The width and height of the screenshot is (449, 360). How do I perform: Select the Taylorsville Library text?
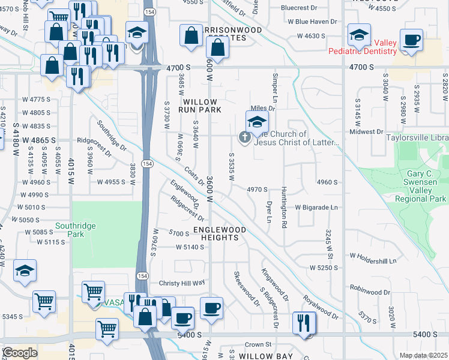418,137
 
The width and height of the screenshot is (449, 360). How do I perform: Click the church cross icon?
244,137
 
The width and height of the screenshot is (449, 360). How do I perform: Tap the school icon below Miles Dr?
256,122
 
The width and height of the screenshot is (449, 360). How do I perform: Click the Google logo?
20,353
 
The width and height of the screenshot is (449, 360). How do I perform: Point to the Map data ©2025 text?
423,355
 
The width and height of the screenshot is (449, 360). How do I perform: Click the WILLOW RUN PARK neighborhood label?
202,106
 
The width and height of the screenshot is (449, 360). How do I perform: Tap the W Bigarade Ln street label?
316,207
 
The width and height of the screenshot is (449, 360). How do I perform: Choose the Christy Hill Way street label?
182,283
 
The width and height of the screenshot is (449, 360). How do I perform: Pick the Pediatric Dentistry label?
362,51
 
